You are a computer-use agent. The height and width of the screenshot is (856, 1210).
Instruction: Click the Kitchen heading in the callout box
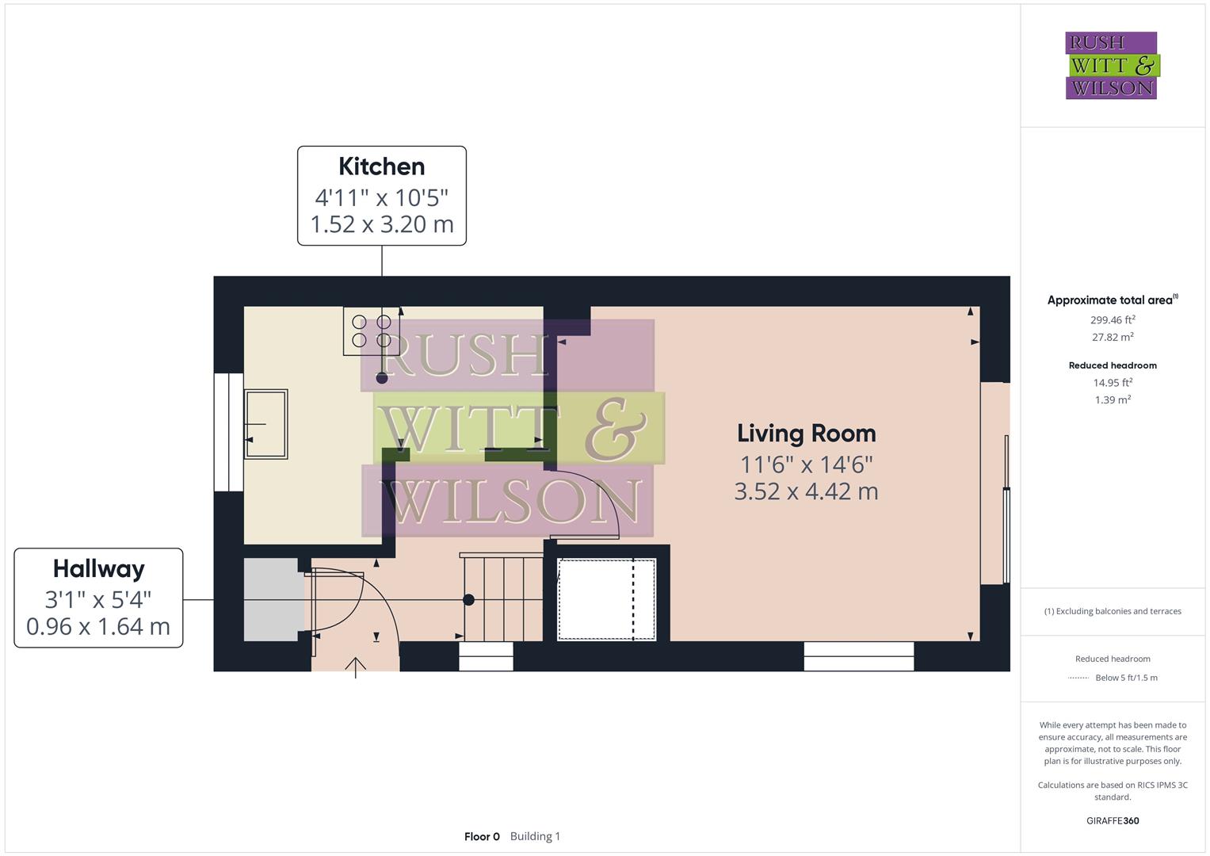coord(381,166)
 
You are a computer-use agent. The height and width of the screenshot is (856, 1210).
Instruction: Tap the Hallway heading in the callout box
coord(99,569)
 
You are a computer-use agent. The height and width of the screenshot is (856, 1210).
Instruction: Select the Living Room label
coord(807,434)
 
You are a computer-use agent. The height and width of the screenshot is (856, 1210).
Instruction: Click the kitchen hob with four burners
coord(372,331)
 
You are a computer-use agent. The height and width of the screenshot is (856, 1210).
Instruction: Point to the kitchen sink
coord(265,424)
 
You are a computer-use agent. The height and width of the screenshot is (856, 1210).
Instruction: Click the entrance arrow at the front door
coord(356,667)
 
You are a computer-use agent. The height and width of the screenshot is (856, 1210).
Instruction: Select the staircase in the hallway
coord(502,597)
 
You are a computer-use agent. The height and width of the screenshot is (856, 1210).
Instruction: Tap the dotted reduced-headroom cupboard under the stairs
coord(607,600)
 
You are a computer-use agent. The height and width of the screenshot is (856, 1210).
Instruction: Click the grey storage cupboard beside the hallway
coord(271,600)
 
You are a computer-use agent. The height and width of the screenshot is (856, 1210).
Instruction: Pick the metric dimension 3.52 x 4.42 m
coord(806,491)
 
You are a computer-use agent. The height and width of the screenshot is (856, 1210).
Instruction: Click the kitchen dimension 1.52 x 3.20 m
coord(382,224)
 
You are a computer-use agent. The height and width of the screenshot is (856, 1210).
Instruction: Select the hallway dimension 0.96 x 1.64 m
coord(98,627)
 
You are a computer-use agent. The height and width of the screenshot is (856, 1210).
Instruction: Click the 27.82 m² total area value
coord(1113,337)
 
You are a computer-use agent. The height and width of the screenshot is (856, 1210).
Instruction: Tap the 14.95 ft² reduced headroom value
coord(1113,382)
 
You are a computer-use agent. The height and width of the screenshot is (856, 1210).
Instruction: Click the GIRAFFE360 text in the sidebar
coord(1113,820)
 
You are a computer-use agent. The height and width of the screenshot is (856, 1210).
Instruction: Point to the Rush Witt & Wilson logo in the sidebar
coord(1113,65)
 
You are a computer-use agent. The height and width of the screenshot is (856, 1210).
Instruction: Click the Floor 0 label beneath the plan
coord(482,836)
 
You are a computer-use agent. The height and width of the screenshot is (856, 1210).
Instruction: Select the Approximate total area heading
coord(1113,300)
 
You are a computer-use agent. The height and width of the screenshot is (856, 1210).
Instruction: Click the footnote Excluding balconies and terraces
coord(1113,611)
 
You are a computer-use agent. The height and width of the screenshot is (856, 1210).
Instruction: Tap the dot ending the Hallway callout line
coord(469,600)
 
